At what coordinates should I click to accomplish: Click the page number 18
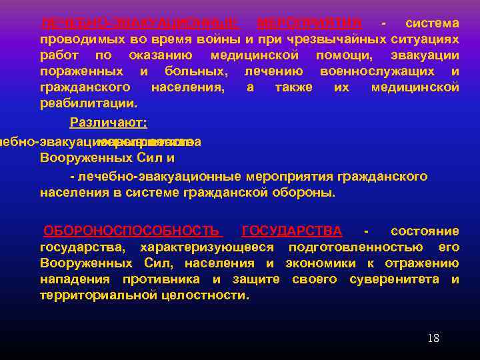(x=433, y=338)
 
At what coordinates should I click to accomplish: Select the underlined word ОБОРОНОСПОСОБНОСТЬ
(x=131, y=231)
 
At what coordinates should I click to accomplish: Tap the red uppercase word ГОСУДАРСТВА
(x=292, y=231)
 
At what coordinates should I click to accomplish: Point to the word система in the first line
(x=432, y=23)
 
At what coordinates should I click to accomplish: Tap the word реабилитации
(x=89, y=103)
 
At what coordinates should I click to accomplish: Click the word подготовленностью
(x=359, y=247)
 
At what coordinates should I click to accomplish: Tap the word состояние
(x=425, y=231)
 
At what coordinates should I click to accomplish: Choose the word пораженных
(x=81, y=71)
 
